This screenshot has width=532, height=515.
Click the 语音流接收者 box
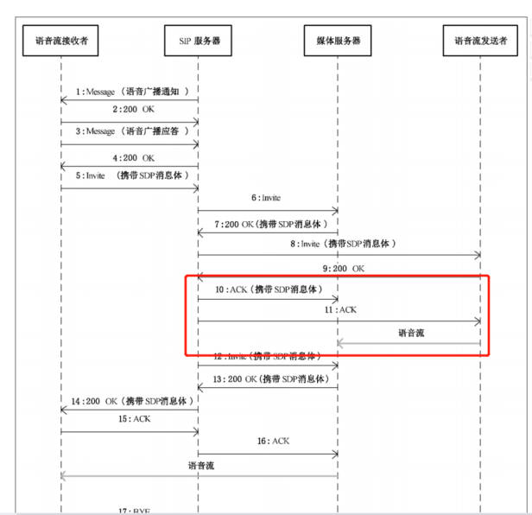[x=60, y=40]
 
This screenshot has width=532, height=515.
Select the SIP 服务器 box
[x=199, y=40]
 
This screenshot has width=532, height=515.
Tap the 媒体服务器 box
[x=338, y=40]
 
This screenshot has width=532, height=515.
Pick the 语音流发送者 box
[x=480, y=40]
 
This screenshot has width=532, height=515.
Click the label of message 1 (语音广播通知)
[x=131, y=91]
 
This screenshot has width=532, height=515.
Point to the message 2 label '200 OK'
[x=132, y=111]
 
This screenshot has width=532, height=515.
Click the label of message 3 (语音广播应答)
[x=132, y=131]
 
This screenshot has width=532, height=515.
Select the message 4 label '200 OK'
[x=132, y=158]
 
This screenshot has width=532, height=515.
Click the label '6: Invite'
[x=265, y=199]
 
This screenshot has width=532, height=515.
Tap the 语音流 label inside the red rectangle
[x=411, y=332]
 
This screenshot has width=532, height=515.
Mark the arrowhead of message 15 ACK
[x=195, y=431]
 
